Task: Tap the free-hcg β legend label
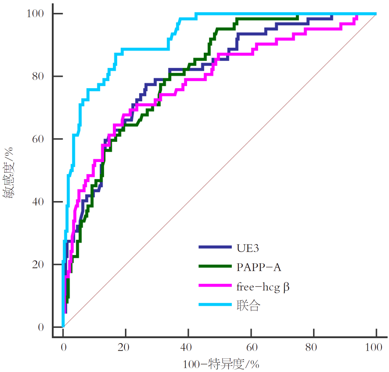[x=263, y=287]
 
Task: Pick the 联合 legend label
[x=248, y=306]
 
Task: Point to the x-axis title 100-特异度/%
[x=219, y=364]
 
